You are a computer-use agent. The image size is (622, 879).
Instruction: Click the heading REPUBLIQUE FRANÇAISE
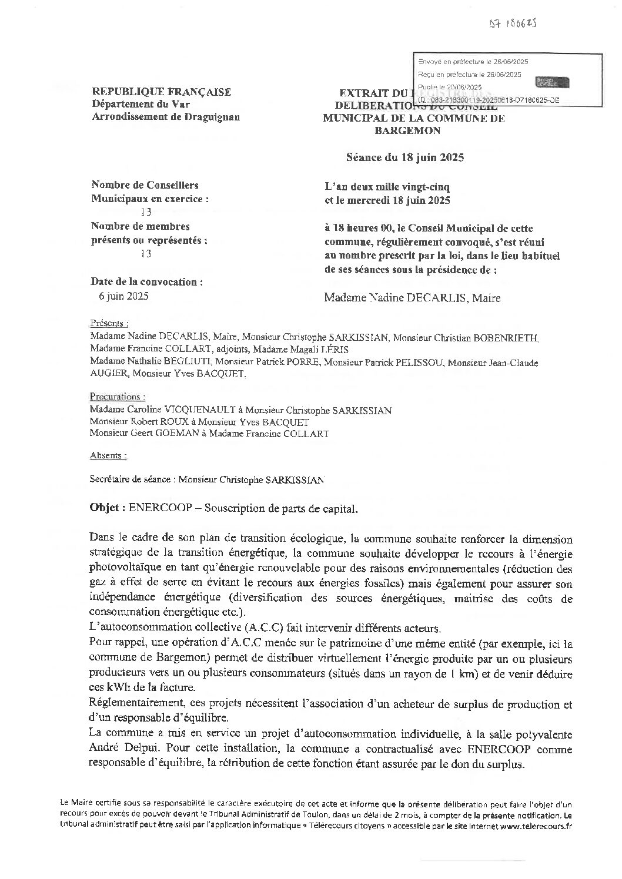point(161,92)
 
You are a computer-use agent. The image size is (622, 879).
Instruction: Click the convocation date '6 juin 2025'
point(124,296)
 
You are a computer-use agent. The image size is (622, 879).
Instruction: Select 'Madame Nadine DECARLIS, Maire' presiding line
point(412,298)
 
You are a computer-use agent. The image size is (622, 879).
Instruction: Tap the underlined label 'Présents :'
point(109,324)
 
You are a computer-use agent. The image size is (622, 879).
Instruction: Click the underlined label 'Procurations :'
point(118,397)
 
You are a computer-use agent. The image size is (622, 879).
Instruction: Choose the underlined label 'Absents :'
point(108,455)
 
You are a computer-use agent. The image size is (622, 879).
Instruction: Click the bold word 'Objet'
point(105,508)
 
